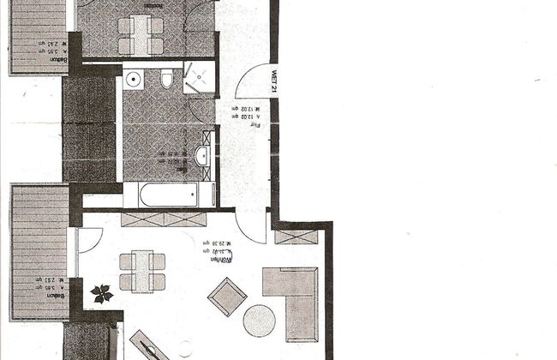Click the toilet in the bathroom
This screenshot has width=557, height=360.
(166, 80)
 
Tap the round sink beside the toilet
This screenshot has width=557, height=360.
(134, 80)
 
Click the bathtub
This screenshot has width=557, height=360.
(168, 195)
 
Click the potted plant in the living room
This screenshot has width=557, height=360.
(101, 293)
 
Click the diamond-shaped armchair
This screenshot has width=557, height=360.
(226, 297)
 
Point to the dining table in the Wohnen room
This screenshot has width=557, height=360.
(141, 271)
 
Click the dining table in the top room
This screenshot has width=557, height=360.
(142, 35)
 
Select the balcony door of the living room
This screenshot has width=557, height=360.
(90, 239)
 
